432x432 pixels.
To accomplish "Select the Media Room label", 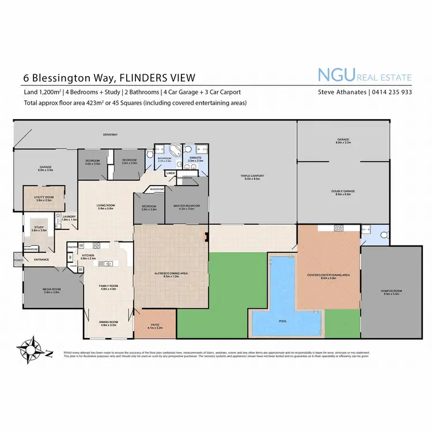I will coord(52,290).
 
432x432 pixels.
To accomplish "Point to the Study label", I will coord(39,228).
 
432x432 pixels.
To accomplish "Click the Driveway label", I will coord(110,135).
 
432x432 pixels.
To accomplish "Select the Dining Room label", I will coord(109,323).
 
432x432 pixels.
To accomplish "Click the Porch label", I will coord(17,260).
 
